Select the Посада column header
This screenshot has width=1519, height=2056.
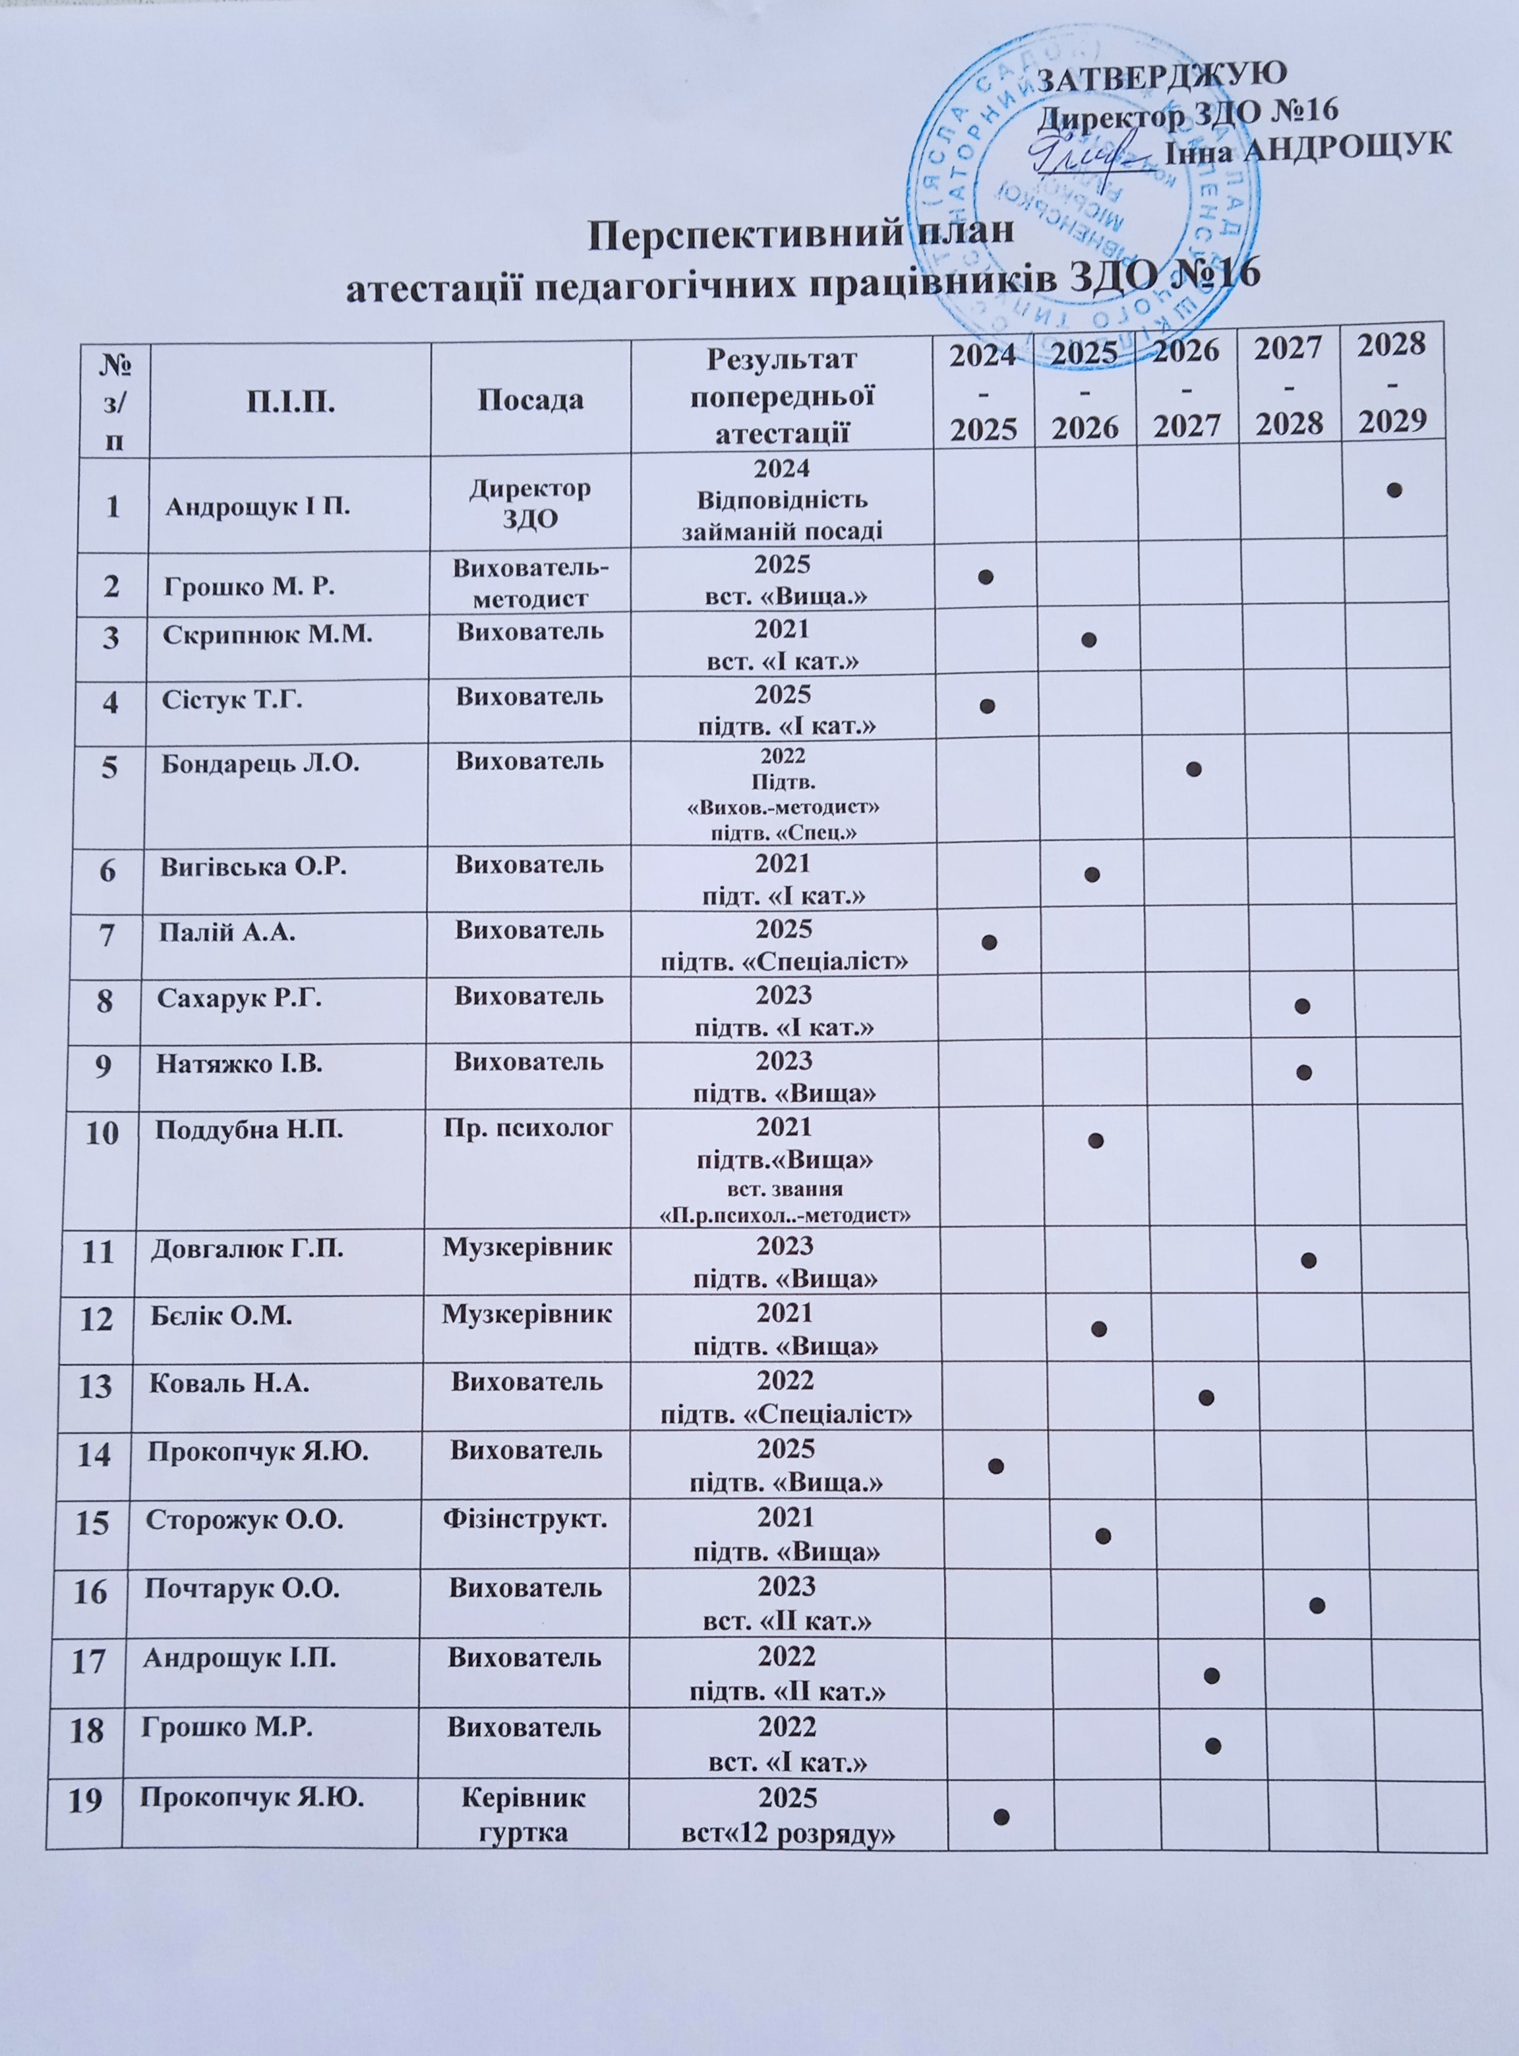pos(531,398)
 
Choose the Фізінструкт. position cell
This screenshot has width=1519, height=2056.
pos(526,1520)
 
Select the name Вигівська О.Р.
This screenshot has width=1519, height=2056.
pos(254,865)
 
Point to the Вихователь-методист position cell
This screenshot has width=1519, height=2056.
pos(531,582)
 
